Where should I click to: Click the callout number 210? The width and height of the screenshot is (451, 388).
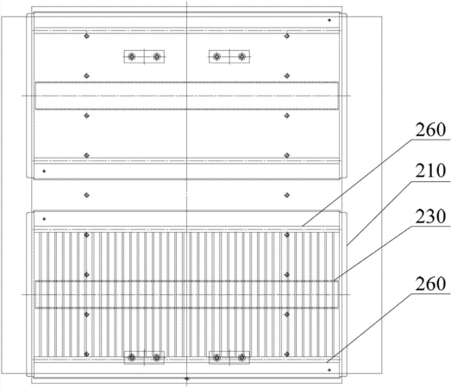pyautogui.click(x=430, y=171)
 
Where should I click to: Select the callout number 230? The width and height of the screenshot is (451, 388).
pyautogui.click(x=430, y=216)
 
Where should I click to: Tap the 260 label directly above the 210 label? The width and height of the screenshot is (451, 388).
pyautogui.click(x=430, y=129)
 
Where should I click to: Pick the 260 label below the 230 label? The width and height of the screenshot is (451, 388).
pyautogui.click(x=430, y=284)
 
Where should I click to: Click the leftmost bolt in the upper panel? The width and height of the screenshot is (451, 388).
pyautogui.click(x=132, y=56)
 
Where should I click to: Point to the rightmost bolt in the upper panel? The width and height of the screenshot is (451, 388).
pyautogui.click(x=242, y=56)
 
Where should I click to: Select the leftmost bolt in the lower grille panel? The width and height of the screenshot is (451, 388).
pyautogui.click(x=132, y=358)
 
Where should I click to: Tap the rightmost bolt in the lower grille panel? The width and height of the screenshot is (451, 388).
pyautogui.click(x=242, y=358)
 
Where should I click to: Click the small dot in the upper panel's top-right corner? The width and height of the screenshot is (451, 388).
pyautogui.click(x=329, y=20)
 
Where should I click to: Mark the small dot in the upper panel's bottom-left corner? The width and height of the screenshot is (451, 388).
pyautogui.click(x=44, y=171)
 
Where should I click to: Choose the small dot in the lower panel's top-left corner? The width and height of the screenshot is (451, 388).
pyautogui.click(x=44, y=219)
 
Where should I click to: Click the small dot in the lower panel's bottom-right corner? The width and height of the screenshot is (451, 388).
pyautogui.click(x=329, y=370)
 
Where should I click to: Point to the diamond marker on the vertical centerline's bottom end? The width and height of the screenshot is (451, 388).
pyautogui.click(x=187, y=379)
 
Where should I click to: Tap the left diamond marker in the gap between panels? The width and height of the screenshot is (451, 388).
pyautogui.click(x=86, y=195)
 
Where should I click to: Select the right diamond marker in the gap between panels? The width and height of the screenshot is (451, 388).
pyautogui.click(x=287, y=195)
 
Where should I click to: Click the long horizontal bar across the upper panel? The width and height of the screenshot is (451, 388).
pyautogui.click(x=187, y=96)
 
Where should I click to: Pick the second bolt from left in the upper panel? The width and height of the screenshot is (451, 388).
pyautogui.click(x=157, y=56)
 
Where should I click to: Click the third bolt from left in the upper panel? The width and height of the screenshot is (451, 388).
pyautogui.click(x=216, y=56)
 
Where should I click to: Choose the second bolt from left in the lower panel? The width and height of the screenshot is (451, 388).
pyautogui.click(x=157, y=358)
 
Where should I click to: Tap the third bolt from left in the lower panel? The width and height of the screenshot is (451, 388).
pyautogui.click(x=216, y=358)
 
